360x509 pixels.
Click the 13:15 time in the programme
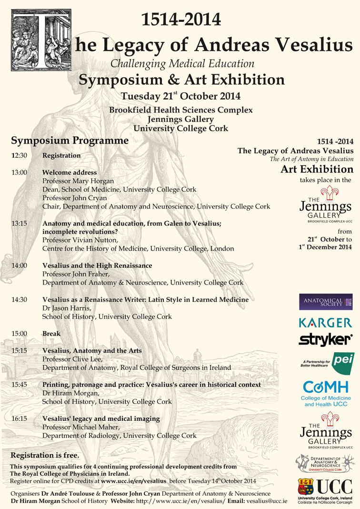[20, 224]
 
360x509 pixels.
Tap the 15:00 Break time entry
[20, 334]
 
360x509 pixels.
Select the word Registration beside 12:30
[61, 155]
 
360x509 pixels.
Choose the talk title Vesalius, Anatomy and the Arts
[91, 351]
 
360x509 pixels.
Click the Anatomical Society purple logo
[326, 302]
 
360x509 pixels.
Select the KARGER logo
[326, 323]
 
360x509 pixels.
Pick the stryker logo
[326, 339]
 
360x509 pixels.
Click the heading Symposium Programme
[70, 141]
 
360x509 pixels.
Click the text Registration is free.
[45, 455]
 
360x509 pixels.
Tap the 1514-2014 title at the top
[181, 20]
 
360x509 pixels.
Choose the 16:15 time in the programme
[20, 418]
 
